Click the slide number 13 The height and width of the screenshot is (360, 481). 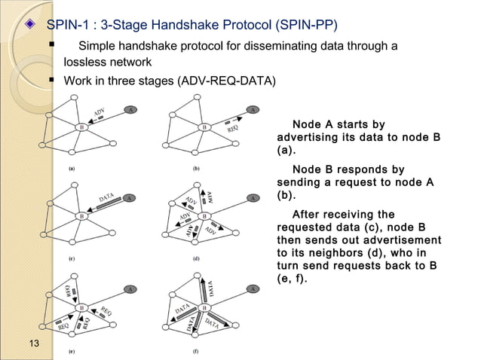pyautogui.click(x=33, y=344)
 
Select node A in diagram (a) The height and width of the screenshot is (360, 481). pyautogui.click(x=130, y=109)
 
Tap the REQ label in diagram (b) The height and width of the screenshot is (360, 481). pyautogui.click(x=234, y=128)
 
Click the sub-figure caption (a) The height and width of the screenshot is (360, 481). pyautogui.click(x=71, y=169)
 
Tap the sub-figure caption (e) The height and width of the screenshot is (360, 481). pyautogui.click(x=71, y=350)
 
